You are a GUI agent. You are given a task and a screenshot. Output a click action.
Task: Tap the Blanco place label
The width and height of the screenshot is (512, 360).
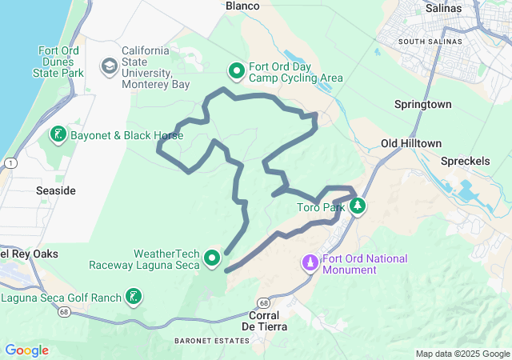click(x=243, y=6)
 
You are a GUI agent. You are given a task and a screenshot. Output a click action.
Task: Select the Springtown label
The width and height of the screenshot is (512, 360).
click(x=423, y=105)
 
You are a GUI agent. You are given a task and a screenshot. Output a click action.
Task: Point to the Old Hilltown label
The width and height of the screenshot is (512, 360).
click(x=411, y=143)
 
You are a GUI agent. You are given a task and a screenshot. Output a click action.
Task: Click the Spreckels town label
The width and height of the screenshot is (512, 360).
click(x=466, y=161)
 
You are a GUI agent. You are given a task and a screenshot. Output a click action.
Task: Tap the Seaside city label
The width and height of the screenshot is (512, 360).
click(x=56, y=191)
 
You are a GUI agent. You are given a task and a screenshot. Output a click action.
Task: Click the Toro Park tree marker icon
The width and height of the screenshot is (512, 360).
click(x=358, y=207)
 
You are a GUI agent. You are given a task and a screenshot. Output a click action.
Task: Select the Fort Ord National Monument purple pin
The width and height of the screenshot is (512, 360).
click(x=310, y=262)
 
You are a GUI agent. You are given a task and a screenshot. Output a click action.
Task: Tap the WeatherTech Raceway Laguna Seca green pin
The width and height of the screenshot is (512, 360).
click(x=212, y=258)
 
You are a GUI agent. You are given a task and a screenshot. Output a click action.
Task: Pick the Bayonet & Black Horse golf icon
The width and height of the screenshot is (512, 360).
click(x=58, y=134)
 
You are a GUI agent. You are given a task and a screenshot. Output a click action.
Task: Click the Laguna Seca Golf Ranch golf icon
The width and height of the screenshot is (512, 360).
click(x=134, y=298)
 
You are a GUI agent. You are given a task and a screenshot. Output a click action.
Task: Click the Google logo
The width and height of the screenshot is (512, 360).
click(x=26, y=350)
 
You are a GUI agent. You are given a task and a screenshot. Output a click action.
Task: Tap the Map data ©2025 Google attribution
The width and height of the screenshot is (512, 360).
click(x=462, y=354)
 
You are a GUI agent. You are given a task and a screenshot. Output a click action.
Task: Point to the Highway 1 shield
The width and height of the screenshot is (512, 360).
click(x=8, y=162)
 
